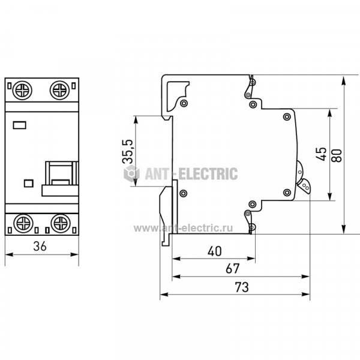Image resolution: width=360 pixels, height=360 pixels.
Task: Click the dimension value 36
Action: [x=40, y=246]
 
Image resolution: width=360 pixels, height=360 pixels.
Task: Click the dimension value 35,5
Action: [x=127, y=151]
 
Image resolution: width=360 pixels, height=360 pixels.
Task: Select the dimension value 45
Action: [x=321, y=154]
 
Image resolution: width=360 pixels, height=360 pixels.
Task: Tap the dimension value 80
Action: [x=337, y=155]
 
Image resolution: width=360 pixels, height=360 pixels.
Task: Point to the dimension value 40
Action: [x=215, y=251]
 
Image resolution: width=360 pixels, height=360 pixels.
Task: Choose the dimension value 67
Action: [x=233, y=269]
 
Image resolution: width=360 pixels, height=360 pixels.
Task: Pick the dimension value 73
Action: [x=242, y=287]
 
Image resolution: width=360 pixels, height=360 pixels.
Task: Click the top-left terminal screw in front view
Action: [x=22, y=90]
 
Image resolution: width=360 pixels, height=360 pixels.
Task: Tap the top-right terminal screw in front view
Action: [x=59, y=90]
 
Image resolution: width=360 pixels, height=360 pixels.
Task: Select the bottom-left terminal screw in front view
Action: [x=23, y=223]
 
